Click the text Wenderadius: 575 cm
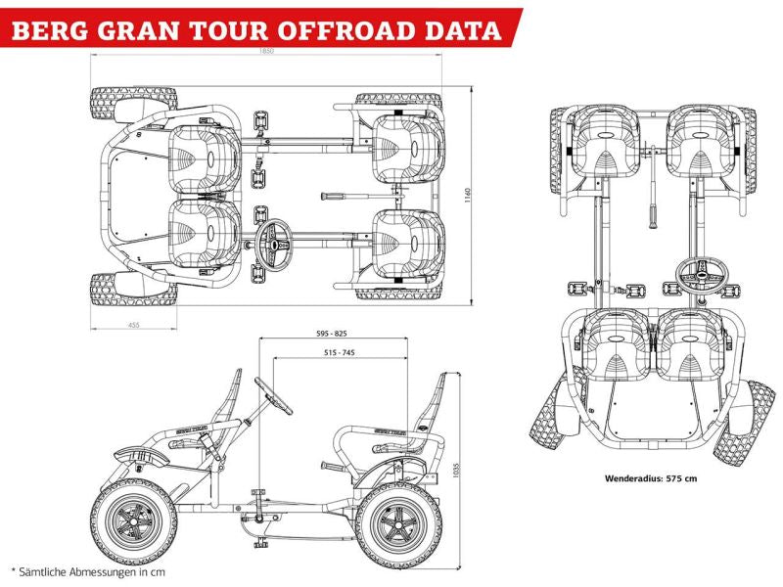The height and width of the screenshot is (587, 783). coord(651,479)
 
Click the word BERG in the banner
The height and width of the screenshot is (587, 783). coord(51,28)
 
